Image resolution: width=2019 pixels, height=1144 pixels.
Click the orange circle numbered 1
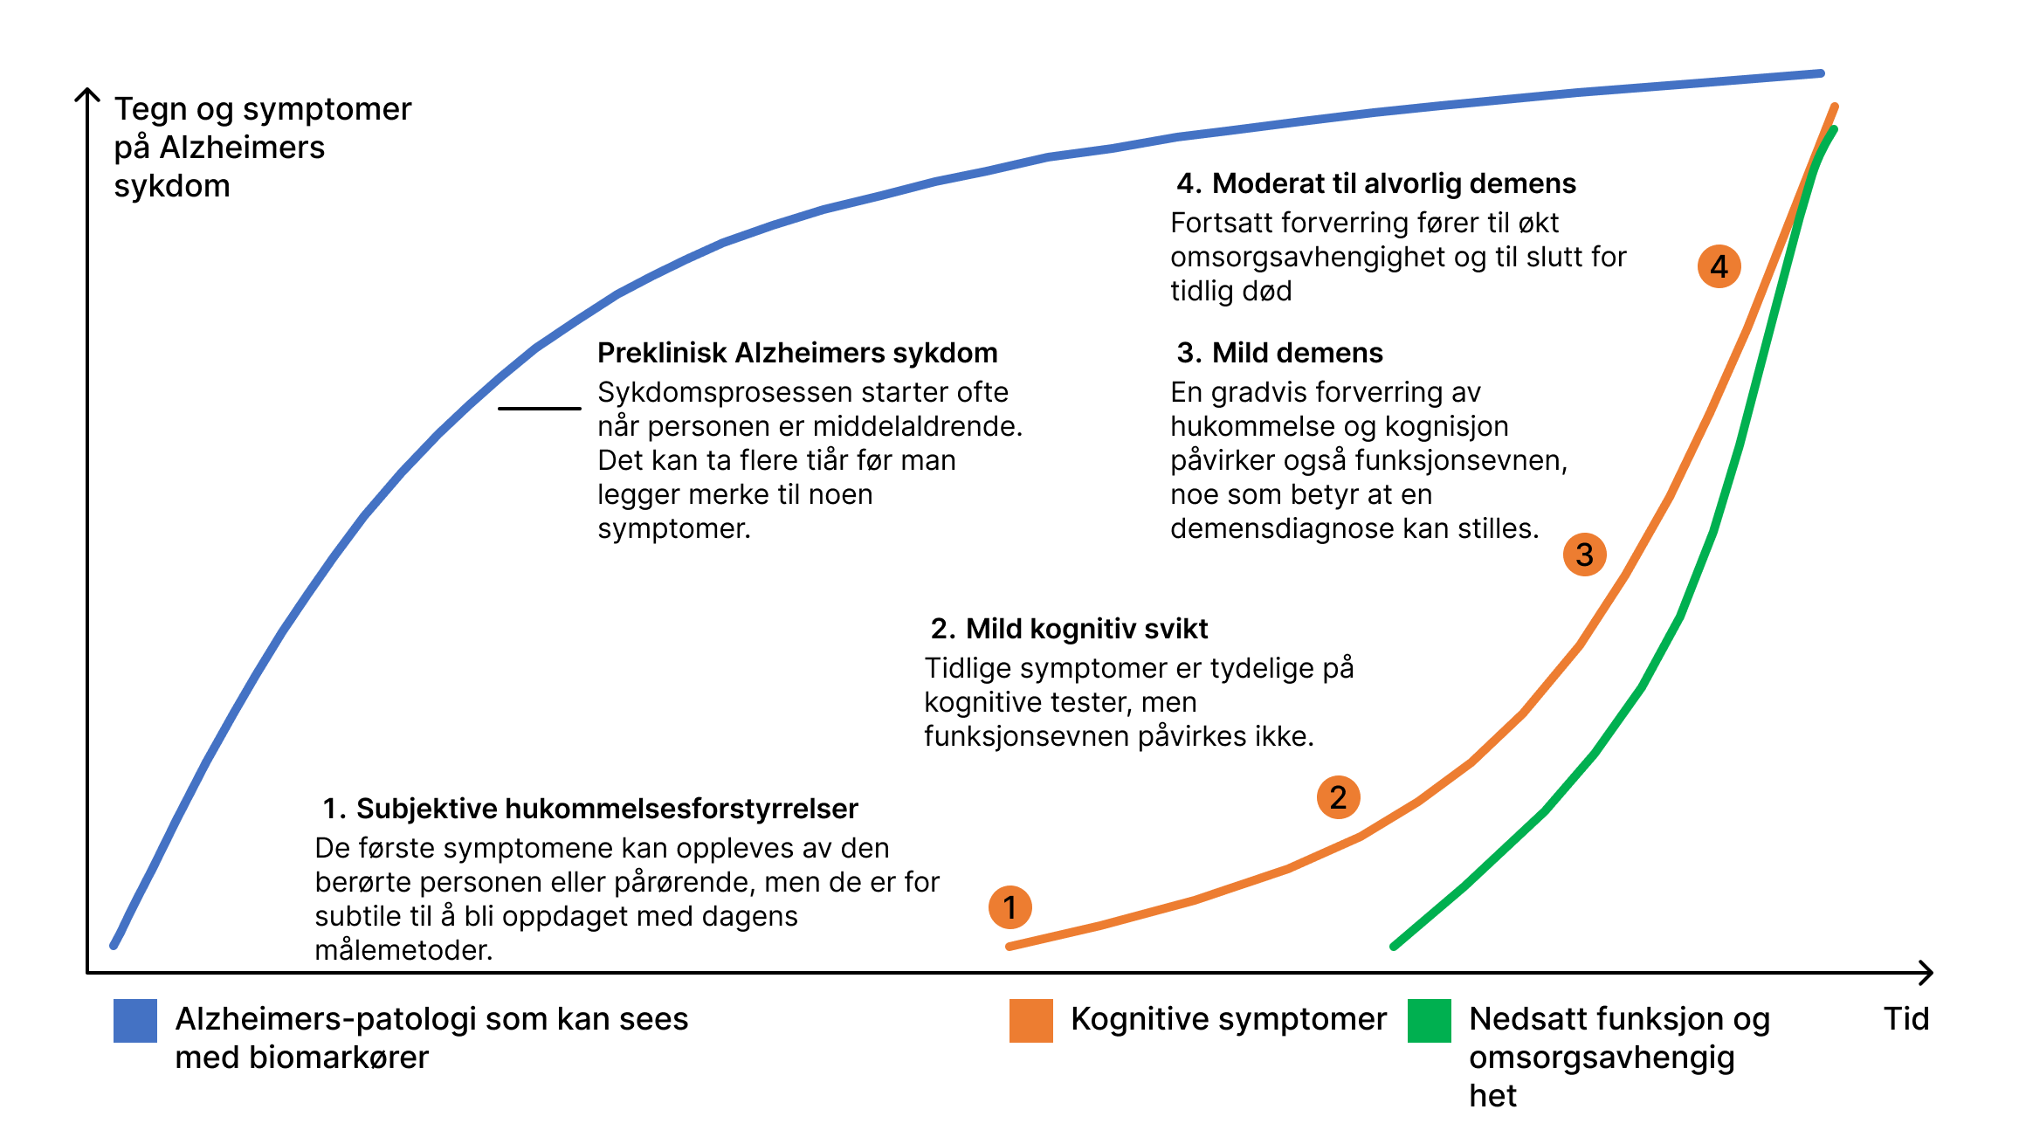pyautogui.click(x=1009, y=907)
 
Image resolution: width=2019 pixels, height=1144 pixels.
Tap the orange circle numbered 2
pyautogui.click(x=1338, y=797)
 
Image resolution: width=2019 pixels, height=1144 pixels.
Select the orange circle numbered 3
pyautogui.click(x=1584, y=555)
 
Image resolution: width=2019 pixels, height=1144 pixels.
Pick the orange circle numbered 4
pyautogui.click(x=1719, y=266)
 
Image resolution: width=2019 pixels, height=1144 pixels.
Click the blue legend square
pyautogui.click(x=135, y=1021)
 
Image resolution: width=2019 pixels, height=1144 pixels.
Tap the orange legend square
pyautogui.click(x=1030, y=1021)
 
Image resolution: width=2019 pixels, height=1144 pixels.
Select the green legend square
pyautogui.click(x=1430, y=1021)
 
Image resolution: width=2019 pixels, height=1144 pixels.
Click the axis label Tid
pyautogui.click(x=1905, y=1019)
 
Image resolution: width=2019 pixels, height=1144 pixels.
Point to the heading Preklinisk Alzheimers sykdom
pyautogui.click(x=797, y=353)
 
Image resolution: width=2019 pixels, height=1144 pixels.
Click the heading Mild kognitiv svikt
pyautogui.click(x=1086, y=629)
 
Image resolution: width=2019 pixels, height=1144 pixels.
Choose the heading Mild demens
pyautogui.click(x=1297, y=353)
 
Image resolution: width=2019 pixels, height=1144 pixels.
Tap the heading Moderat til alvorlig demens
pyautogui.click(x=1394, y=183)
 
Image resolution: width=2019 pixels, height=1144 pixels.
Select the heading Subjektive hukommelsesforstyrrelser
pyautogui.click(x=607, y=809)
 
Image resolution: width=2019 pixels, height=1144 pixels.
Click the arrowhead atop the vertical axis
pyautogui.click(x=87, y=94)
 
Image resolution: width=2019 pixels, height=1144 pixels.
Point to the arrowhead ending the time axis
pyautogui.click(x=1926, y=972)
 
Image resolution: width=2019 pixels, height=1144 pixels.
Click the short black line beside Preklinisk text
pyautogui.click(x=539, y=408)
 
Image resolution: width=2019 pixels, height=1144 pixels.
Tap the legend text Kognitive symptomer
pyautogui.click(x=1229, y=1019)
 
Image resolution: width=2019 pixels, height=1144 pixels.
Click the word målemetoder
pyautogui.click(x=403, y=950)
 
